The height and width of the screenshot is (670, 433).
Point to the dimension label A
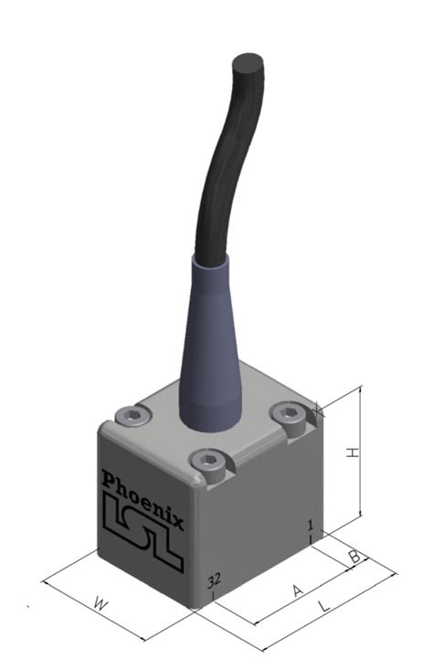click(x=297, y=591)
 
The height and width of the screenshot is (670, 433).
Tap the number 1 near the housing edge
click(x=311, y=525)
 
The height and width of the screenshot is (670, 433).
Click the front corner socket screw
click(x=207, y=463)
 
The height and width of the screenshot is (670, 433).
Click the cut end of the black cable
click(x=248, y=64)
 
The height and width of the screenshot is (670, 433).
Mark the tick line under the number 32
click(x=213, y=596)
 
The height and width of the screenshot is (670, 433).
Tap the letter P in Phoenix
click(x=109, y=481)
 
